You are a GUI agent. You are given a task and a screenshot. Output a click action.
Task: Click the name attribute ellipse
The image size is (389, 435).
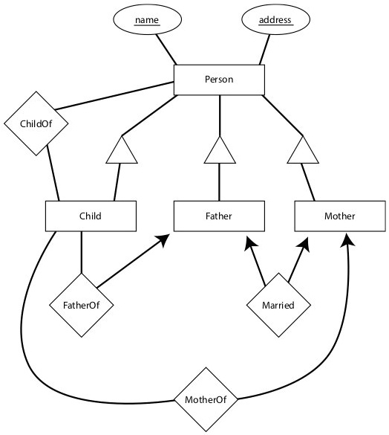(147, 19)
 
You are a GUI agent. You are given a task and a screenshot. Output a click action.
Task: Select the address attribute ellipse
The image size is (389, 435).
(275, 19)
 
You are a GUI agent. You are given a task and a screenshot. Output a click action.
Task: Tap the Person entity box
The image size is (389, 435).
(219, 80)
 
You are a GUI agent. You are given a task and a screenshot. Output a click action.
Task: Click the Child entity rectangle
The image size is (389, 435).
(91, 216)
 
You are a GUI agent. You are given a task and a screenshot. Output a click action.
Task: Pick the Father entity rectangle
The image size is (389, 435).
(219, 216)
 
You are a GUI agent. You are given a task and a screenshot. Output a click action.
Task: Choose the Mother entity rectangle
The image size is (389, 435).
(340, 216)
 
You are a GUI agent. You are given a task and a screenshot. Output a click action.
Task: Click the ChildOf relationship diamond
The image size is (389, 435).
(36, 123)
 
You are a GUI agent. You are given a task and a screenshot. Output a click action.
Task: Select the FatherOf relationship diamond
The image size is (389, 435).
(82, 305)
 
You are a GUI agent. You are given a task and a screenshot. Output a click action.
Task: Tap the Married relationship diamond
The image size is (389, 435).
(278, 305)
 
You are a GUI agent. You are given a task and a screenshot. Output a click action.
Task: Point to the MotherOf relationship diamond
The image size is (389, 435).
(206, 399)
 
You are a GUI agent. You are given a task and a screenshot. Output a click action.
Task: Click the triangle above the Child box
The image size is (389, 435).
(122, 149)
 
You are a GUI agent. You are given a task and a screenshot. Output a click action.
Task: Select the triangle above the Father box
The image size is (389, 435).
(220, 149)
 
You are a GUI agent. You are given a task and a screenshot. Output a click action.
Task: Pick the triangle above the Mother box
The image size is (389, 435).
(303, 149)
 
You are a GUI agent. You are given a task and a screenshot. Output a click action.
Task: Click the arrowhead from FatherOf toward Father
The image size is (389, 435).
(163, 239)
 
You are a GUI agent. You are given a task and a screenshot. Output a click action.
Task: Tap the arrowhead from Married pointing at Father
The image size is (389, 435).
(250, 243)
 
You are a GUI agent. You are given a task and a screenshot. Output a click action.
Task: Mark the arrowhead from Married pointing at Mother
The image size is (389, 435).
(304, 244)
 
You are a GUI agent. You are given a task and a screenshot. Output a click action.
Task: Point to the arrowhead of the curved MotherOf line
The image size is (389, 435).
(347, 239)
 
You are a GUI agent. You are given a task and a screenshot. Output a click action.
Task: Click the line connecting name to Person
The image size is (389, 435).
(166, 50)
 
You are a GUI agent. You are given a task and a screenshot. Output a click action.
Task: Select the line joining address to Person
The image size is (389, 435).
(264, 50)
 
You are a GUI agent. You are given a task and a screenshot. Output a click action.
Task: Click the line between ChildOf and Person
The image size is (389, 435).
(114, 96)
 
